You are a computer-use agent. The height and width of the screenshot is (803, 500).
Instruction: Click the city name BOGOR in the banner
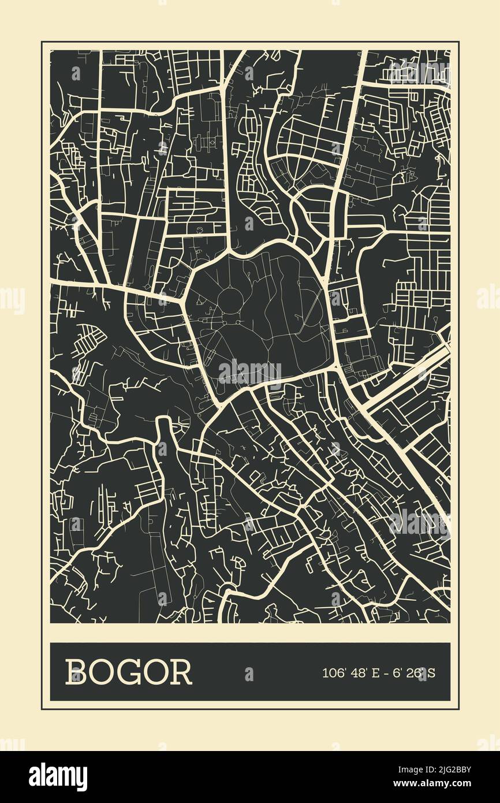click(x=128, y=672)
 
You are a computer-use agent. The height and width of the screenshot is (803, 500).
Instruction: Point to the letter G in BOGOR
click(x=129, y=672)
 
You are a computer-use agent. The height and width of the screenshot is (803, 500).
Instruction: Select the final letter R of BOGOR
click(x=181, y=672)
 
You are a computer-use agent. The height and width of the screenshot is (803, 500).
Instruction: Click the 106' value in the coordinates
click(x=333, y=672)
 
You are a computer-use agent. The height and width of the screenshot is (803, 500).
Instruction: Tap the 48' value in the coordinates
click(x=359, y=672)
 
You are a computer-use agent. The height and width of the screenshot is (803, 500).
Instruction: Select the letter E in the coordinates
click(x=376, y=672)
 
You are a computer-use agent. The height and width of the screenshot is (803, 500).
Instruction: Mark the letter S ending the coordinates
click(x=431, y=672)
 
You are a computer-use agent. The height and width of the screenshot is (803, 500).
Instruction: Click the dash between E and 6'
click(x=385, y=672)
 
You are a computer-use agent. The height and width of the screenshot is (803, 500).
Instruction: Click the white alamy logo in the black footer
click(x=58, y=777)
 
